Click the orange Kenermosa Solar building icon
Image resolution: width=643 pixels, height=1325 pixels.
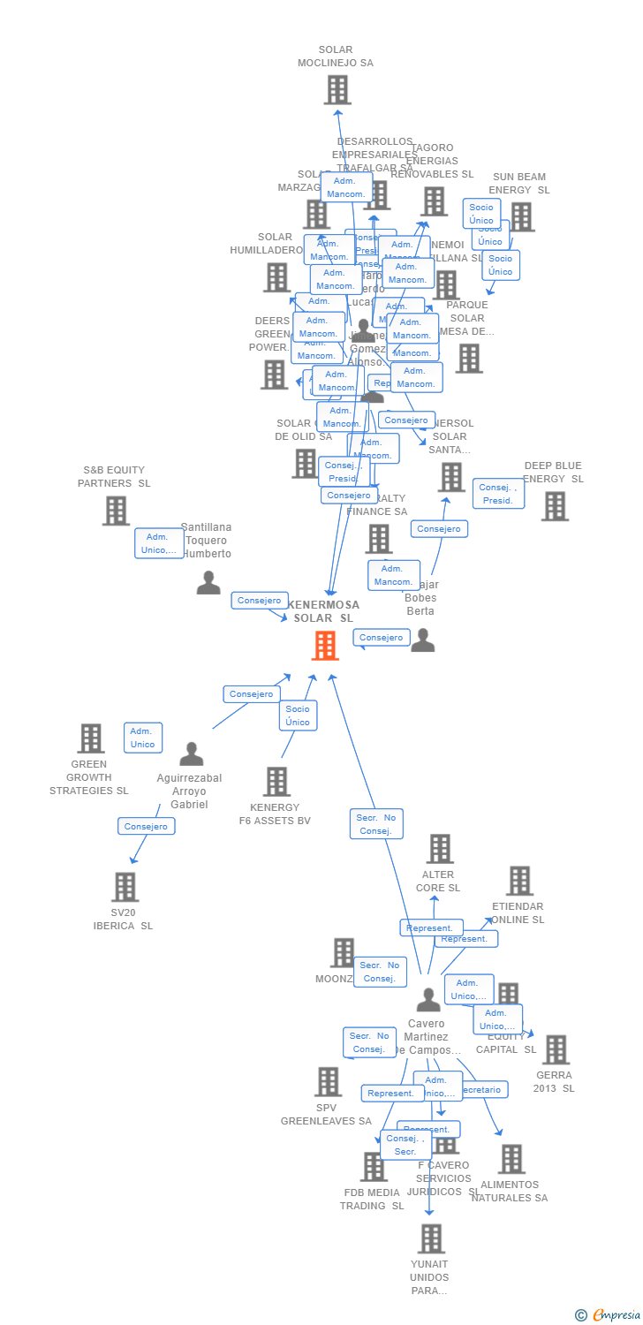[325, 646]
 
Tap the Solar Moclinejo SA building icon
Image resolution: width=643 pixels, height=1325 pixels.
[337, 90]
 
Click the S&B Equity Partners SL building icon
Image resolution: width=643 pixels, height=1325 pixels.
[116, 511]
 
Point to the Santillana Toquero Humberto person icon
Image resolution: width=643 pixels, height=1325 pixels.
[208, 583]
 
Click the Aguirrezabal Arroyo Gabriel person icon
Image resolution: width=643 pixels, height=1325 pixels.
[191, 754]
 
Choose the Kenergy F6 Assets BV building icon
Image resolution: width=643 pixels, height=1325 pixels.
[276, 782]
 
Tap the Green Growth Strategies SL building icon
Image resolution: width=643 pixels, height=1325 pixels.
[90, 738]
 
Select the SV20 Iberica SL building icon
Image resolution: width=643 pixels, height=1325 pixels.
[125, 887]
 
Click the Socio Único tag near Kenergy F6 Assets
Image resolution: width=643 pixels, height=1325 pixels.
[298, 715]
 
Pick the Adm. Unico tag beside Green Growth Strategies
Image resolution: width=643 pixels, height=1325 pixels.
[143, 738]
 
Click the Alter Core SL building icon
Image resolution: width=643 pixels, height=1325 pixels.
[439, 849]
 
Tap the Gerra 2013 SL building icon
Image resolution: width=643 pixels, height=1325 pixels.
[555, 1050]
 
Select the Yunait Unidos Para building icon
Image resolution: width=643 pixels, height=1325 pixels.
[430, 1238]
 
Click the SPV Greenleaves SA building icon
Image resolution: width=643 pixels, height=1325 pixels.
[328, 1082]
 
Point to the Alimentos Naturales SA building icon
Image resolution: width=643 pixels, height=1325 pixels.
[511, 1159]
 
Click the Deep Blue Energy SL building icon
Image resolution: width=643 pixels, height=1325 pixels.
[554, 506]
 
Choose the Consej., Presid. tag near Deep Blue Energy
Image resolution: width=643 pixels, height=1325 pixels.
[499, 494]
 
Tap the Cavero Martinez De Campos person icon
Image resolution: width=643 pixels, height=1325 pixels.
[428, 1000]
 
